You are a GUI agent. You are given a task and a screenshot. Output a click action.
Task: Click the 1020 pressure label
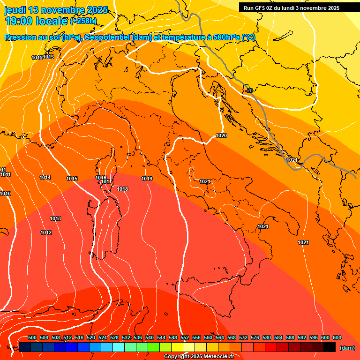(x=221, y=135)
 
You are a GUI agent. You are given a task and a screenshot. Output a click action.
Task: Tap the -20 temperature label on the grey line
(x=248, y=90)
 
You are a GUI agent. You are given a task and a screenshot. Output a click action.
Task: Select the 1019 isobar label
(x=147, y=179)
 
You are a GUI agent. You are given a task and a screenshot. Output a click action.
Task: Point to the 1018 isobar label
(x=122, y=189)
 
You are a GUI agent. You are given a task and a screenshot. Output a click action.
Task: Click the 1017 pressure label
(x=106, y=182)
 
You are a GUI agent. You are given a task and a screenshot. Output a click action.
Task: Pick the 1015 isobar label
(x=72, y=179)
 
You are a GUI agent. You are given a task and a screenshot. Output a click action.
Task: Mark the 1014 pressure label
(x=45, y=177)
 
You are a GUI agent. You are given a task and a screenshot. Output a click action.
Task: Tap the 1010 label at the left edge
(x=5, y=194)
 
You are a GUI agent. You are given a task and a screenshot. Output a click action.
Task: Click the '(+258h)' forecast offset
(x=83, y=21)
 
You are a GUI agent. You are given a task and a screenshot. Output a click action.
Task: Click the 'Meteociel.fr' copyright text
(x=217, y=357)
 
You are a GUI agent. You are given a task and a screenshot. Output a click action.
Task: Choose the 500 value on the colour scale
(x=32, y=337)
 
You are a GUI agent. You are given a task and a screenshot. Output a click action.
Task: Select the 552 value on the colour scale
(x=185, y=337)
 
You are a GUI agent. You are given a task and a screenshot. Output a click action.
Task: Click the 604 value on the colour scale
(x=337, y=337)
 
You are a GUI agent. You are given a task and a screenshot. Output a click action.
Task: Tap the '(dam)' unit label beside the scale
(x=347, y=348)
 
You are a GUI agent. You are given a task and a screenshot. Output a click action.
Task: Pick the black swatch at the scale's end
(x=330, y=347)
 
